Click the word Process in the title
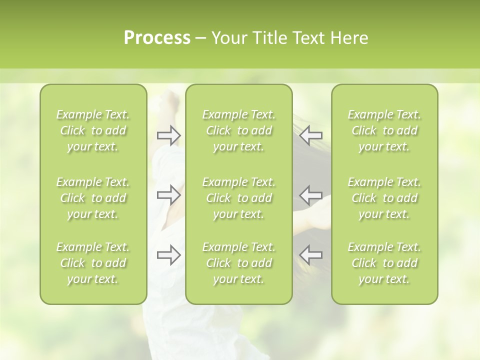tap(157, 38)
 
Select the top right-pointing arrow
tap(169, 135)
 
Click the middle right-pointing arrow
tap(169, 194)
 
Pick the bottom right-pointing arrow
tap(169, 254)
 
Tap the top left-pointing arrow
tap(311, 135)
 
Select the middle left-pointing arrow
tap(311, 194)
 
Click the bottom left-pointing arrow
tap(311, 254)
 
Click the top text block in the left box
tap(93, 130)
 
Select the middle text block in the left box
tap(93, 198)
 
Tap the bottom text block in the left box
tap(93, 263)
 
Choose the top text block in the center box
tap(238, 130)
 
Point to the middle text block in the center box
tap(238, 198)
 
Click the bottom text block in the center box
tap(238, 263)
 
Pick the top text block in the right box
tap(384, 130)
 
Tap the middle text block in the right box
tap(384, 198)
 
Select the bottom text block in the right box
tap(384, 263)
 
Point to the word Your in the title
tap(228, 38)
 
